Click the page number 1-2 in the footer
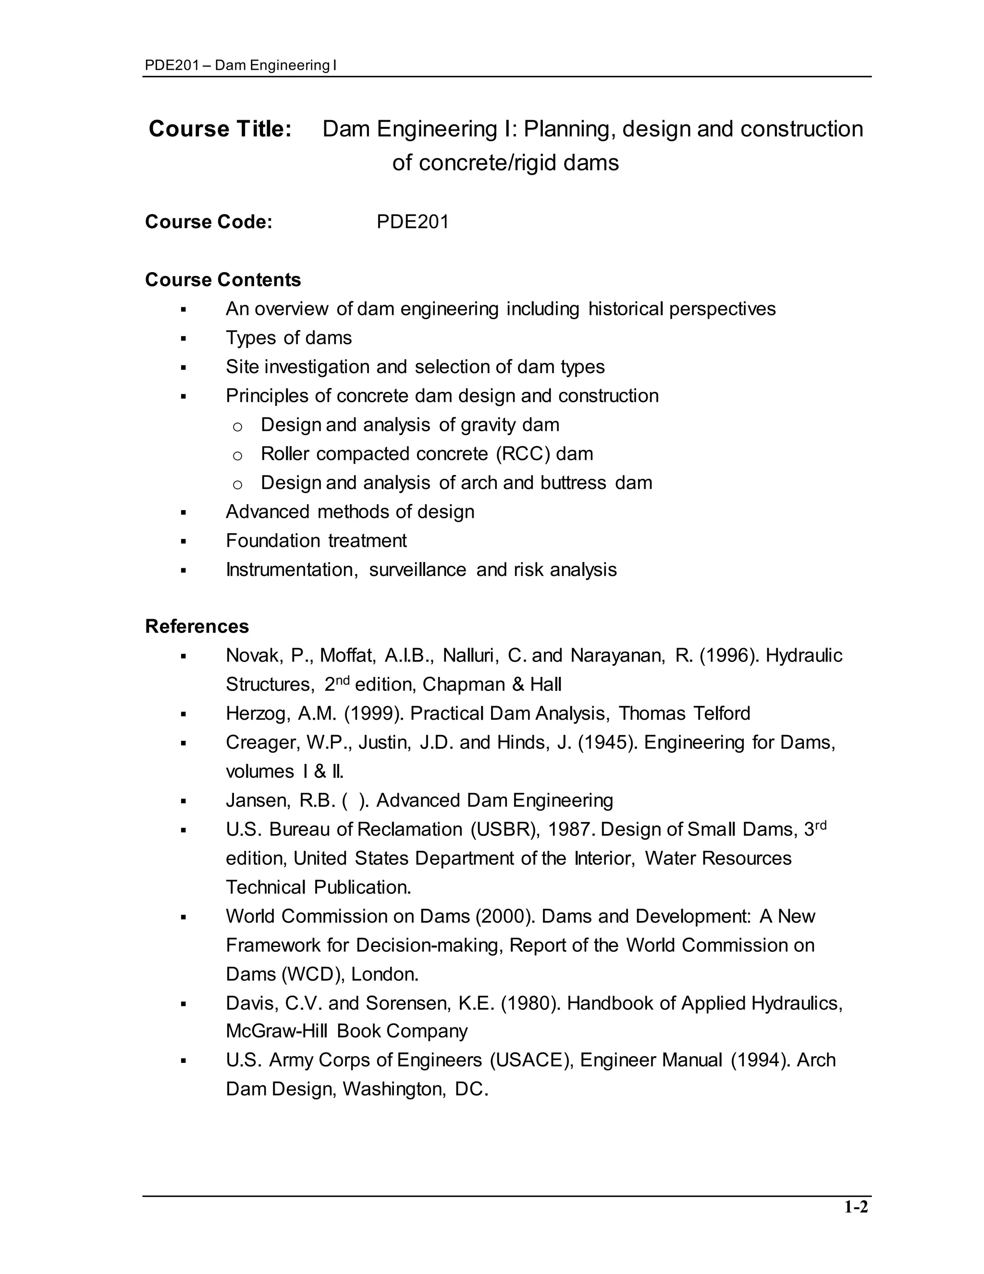tap(856, 1207)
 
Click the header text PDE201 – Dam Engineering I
tap(240, 65)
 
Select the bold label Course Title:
tap(220, 129)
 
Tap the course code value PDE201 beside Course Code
tap(412, 222)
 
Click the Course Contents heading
tap(222, 279)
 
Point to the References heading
tap(197, 626)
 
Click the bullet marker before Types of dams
tap(184, 338)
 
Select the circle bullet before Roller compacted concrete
tap(237, 455)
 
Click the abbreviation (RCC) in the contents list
tap(522, 454)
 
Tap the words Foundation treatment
tap(316, 541)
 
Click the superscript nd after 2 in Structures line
tap(343, 679)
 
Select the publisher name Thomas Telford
tap(684, 713)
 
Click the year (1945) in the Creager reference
tap(607, 743)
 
